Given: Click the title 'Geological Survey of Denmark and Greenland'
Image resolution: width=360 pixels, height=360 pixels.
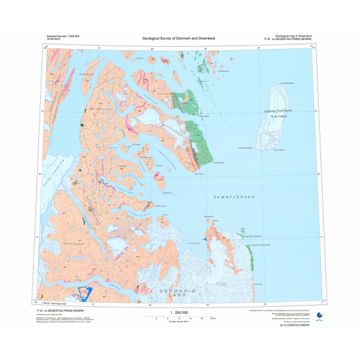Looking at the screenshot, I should click(x=179, y=38).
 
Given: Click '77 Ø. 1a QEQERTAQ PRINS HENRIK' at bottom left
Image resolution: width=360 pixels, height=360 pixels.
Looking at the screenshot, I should click(x=60, y=310).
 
